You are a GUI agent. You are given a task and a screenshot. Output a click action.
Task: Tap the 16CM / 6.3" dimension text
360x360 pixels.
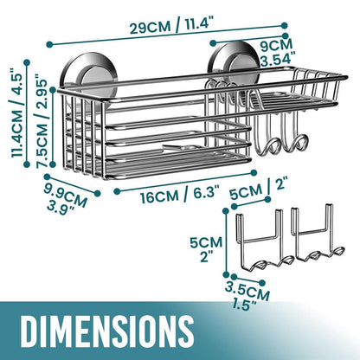[x=180, y=195]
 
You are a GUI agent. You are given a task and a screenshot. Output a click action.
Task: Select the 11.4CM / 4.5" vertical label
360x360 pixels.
[x=16, y=112]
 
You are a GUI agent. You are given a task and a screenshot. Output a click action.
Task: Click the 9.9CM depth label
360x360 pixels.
[x=66, y=194]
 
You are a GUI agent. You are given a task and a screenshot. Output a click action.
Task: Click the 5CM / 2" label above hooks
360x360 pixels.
[x=257, y=189]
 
